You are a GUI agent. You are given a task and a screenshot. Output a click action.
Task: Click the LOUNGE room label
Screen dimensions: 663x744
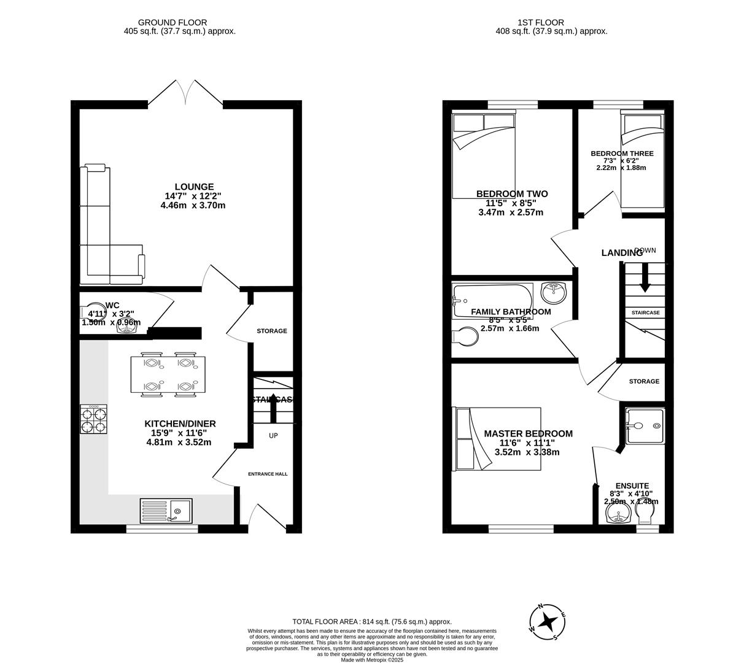coord(194,187)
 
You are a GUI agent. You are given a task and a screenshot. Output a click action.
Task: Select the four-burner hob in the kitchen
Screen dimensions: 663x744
coord(93,420)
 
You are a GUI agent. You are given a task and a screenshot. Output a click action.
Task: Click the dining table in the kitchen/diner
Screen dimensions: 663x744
coord(168,374)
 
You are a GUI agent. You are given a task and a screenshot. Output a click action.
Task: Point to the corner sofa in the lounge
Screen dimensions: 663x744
coord(104,233)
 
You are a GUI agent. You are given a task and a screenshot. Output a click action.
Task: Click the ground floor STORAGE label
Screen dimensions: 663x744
coord(271,331)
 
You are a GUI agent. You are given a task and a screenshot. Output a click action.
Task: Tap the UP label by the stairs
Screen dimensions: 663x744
coord(273,435)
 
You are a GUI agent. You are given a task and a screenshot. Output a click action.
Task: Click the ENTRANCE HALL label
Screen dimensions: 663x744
coord(268,474)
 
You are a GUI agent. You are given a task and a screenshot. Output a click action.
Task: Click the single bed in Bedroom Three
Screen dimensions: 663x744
coord(642,160)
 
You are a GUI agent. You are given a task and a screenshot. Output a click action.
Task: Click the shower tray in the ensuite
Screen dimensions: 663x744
coord(645,425)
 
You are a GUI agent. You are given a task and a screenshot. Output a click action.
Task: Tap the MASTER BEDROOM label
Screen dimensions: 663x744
coord(528,433)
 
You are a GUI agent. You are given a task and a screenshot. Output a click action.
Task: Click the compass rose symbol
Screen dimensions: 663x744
coord(551,622)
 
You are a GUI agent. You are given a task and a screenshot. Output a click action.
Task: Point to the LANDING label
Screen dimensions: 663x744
coord(621,253)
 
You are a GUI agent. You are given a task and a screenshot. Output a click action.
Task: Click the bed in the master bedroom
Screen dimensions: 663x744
coord(497,439)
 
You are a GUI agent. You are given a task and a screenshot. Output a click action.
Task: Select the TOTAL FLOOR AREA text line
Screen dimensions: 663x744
coord(371,621)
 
